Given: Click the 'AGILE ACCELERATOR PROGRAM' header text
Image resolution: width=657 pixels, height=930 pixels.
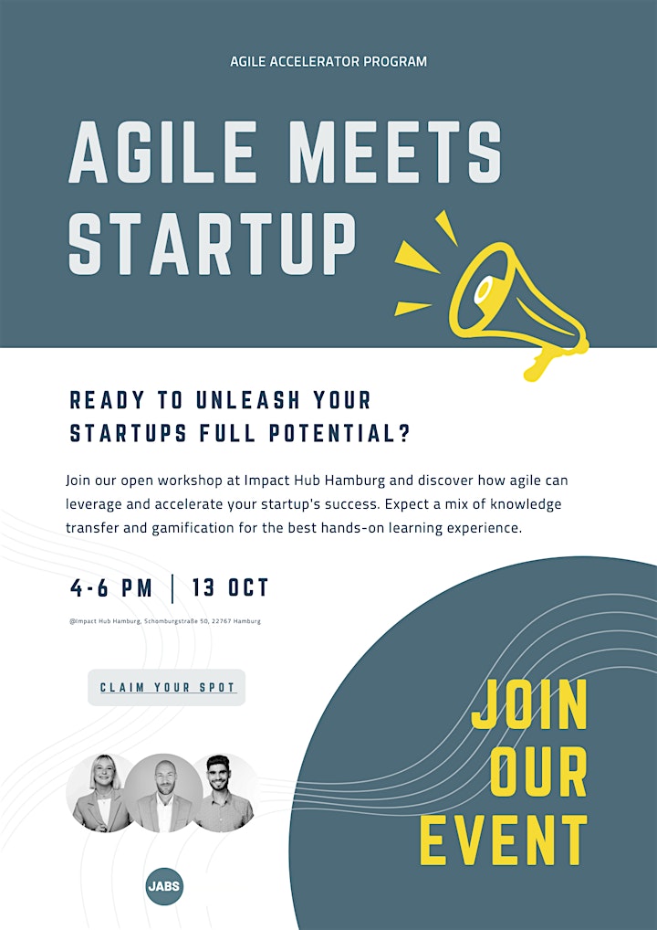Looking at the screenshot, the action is point(328,62).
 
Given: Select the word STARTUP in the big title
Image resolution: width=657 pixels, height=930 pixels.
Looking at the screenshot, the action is point(212,243).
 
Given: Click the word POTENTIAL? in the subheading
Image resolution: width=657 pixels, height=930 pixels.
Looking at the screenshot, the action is point(339,434).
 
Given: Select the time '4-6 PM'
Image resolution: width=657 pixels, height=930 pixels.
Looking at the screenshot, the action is point(111,588).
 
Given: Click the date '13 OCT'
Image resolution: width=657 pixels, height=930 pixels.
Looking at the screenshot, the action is point(231,588).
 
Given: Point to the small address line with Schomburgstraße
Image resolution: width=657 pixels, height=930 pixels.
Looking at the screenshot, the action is point(164,621).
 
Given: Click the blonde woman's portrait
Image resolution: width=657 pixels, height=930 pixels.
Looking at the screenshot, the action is point(100,792).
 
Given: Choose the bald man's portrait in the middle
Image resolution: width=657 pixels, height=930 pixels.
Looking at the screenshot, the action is point(163,793).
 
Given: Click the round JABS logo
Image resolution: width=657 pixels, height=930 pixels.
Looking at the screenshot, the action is point(164,887).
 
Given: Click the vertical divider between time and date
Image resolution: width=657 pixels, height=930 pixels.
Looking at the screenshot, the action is point(172,588).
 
